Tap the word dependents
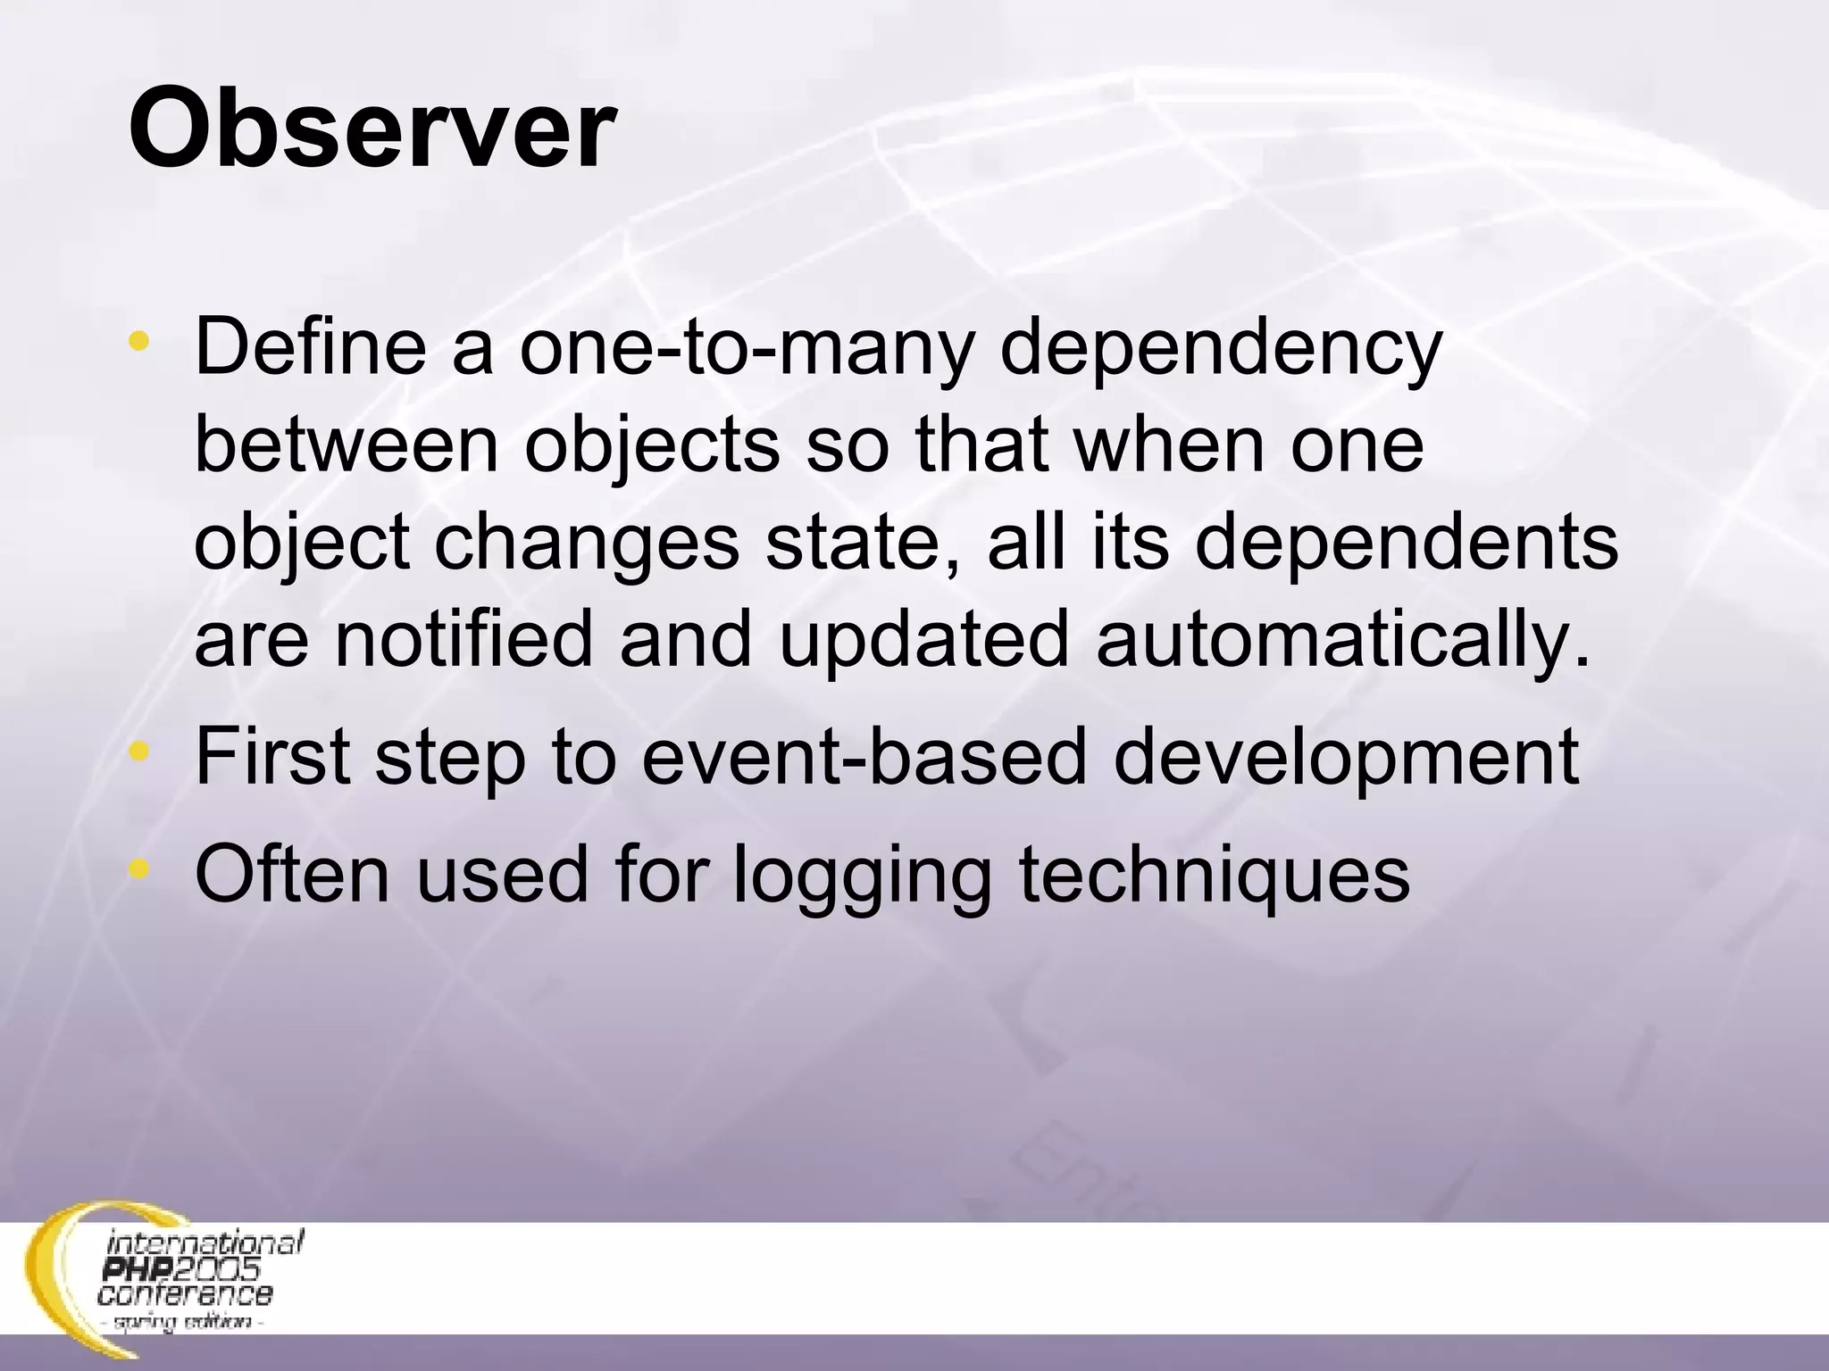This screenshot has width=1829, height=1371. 1406,545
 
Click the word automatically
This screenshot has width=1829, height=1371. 1343,643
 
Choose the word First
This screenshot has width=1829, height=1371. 272,755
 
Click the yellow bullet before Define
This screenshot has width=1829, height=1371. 138,342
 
